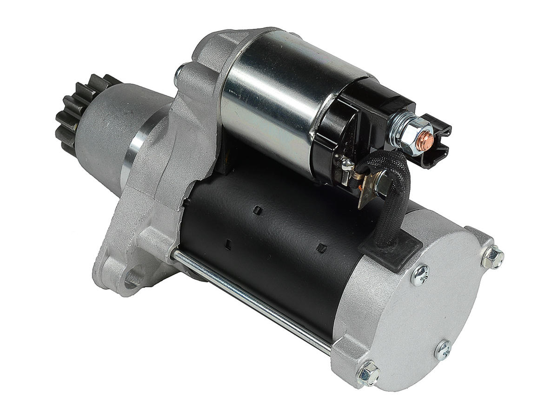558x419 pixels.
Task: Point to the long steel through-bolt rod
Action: point(251,298)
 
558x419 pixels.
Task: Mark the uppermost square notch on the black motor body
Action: point(255,212)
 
